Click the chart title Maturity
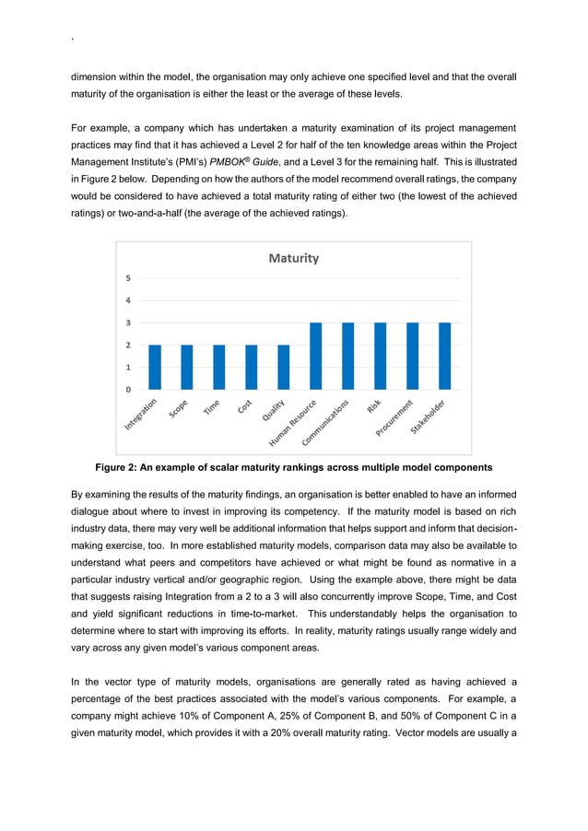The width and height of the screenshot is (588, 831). point(293,259)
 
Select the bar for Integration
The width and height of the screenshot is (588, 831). point(155,367)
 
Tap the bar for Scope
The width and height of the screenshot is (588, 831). point(187,367)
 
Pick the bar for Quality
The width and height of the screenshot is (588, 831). point(283,367)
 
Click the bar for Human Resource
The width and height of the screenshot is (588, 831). point(315,356)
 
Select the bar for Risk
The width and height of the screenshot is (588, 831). point(380,356)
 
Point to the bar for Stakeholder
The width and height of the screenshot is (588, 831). point(444,356)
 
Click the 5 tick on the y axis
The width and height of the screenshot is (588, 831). point(128,278)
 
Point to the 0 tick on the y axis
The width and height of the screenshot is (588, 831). point(128,390)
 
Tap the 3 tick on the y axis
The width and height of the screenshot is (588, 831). point(128,322)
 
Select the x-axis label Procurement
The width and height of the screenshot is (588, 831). point(394,420)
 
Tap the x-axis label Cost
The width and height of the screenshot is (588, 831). point(245,406)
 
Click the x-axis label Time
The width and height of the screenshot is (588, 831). point(212,407)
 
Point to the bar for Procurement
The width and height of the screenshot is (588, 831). point(412,356)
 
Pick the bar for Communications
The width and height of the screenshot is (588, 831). point(347,356)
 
